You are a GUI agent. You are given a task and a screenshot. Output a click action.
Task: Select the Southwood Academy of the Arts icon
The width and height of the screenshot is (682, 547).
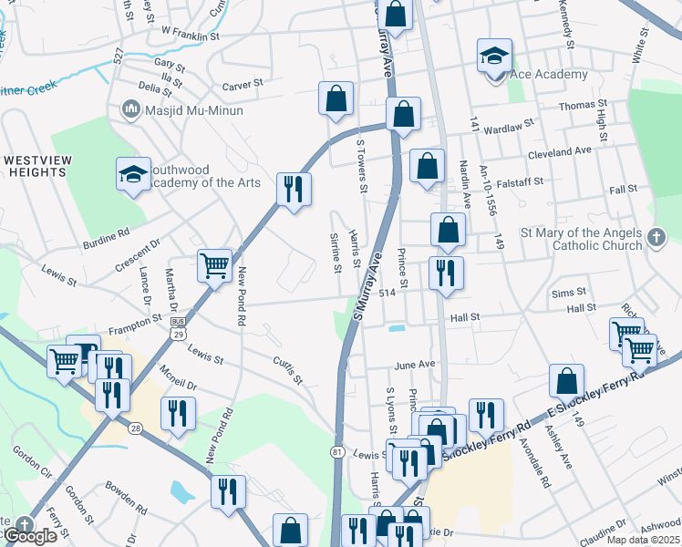[x=133, y=174]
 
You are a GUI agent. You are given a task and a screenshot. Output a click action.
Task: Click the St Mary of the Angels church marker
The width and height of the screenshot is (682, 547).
[x=656, y=239]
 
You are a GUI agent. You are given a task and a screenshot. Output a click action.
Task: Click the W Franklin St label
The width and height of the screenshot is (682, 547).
[x=191, y=33]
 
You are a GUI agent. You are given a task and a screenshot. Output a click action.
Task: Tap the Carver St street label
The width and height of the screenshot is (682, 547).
[x=243, y=84]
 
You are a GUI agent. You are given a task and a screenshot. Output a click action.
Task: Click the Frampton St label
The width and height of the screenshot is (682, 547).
[x=133, y=319]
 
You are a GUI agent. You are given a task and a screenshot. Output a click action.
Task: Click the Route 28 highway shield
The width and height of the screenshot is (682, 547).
[x=135, y=428]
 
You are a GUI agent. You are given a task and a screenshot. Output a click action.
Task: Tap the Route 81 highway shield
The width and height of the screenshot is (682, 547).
[x=337, y=451]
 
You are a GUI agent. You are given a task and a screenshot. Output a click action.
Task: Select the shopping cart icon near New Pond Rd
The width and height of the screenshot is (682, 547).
[x=214, y=266]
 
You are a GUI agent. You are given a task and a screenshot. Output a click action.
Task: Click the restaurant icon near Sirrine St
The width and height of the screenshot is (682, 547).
[x=293, y=189]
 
